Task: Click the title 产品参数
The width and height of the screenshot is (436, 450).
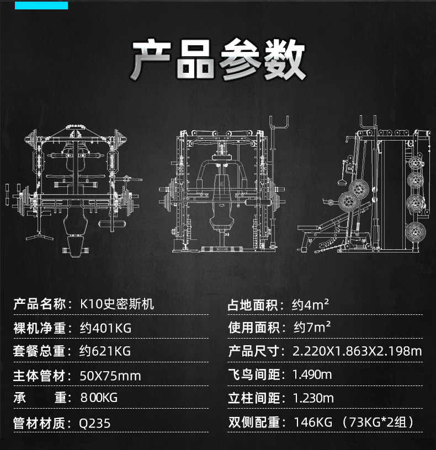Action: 218,60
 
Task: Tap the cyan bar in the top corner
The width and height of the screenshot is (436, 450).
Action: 41,5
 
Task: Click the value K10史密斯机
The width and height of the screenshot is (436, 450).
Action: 117,304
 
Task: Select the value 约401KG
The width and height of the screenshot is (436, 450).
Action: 105,328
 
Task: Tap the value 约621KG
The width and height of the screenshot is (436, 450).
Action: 105,351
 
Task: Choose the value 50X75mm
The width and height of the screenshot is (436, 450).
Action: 110,376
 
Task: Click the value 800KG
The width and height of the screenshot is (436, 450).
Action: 99,398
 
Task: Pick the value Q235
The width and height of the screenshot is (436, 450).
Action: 95,423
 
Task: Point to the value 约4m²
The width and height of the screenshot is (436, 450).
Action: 311,304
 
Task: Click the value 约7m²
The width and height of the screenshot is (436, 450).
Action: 311,328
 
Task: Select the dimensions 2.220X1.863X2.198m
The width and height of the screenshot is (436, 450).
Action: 357,351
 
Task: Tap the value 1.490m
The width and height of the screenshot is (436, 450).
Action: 312,375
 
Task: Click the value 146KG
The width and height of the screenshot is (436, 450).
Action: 312,423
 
